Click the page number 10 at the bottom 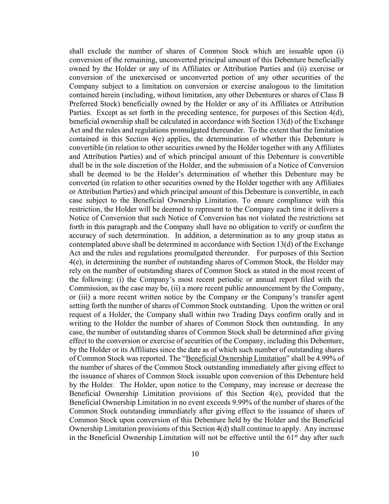(195, 454)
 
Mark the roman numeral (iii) (84, 297)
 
